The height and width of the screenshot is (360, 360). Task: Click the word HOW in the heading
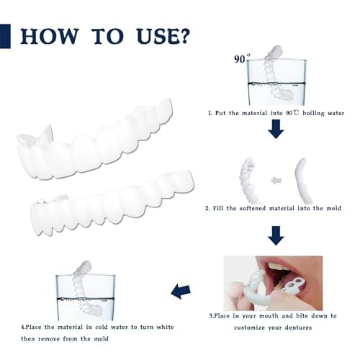[50, 37]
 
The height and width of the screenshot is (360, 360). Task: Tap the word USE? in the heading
[163, 37]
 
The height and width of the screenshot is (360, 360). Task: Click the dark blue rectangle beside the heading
[5, 36]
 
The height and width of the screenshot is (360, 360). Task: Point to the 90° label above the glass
[242, 58]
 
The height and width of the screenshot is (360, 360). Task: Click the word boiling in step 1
[313, 113]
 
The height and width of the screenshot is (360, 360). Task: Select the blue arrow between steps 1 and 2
[276, 129]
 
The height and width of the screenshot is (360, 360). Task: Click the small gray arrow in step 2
[276, 180]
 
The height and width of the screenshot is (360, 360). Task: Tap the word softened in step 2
[253, 208]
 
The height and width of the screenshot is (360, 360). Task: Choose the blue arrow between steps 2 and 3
[276, 235]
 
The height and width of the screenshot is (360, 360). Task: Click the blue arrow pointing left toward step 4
[181, 292]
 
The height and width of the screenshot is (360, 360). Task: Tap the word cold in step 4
[101, 327]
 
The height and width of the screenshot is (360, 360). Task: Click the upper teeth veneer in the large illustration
[95, 139]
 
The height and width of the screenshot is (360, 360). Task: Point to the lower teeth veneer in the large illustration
[112, 203]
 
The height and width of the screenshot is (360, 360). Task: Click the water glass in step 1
[276, 82]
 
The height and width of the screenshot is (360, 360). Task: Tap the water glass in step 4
[85, 297]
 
